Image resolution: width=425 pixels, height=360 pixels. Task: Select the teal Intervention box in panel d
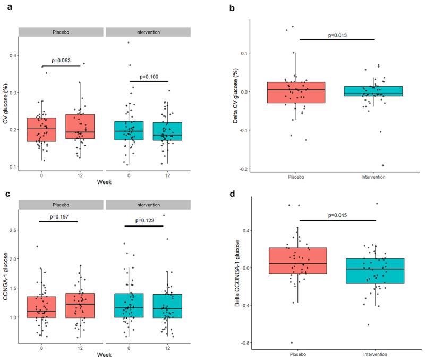point(375,271)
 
